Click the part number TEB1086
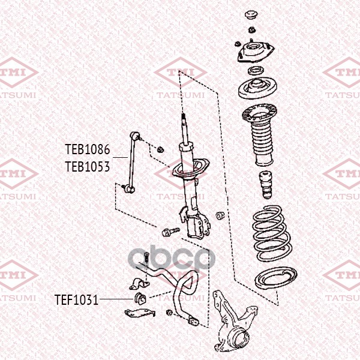click(x=88, y=149)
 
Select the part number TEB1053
click(x=88, y=166)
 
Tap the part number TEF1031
click(x=77, y=300)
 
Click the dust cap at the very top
click(x=251, y=16)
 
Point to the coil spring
click(x=272, y=233)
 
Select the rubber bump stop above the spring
click(x=266, y=185)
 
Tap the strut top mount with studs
click(x=256, y=51)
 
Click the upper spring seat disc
click(x=257, y=88)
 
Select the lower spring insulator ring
click(x=276, y=279)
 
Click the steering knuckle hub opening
click(x=241, y=338)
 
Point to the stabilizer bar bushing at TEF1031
click(x=140, y=298)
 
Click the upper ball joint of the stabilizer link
click(x=135, y=136)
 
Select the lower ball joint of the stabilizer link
click(x=130, y=189)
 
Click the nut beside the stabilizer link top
click(x=160, y=149)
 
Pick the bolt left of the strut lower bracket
click(x=170, y=232)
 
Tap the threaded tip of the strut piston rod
click(x=184, y=116)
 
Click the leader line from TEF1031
click(x=116, y=299)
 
